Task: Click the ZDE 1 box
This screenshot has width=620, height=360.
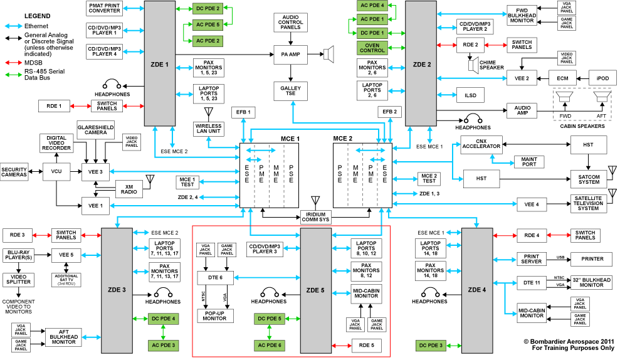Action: pos(159,63)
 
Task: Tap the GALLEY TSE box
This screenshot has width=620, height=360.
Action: pos(290,92)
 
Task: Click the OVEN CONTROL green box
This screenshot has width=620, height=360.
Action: pos(371,47)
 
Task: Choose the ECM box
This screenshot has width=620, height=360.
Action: pos(562,78)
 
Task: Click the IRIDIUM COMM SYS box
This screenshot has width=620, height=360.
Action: pos(316,216)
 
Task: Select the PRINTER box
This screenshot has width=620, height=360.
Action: pos(591,258)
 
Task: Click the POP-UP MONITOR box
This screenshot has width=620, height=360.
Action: pos(215,315)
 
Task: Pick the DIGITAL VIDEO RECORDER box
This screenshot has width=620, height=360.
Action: pos(57,142)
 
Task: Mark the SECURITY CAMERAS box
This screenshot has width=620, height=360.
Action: pos(14,172)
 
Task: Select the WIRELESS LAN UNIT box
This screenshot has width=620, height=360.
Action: pos(208,129)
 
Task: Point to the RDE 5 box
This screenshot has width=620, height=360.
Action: pos(367,345)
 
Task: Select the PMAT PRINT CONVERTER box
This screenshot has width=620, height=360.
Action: pos(104,8)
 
